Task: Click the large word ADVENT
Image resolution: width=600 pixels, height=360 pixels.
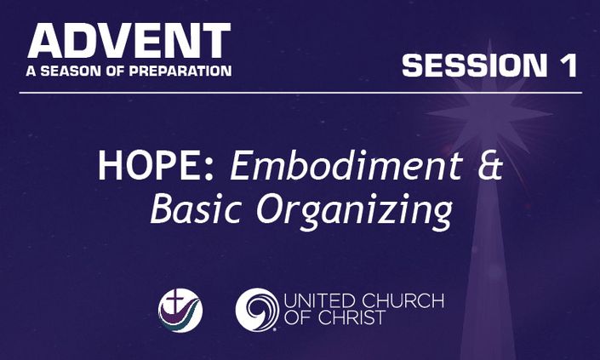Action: tap(129, 41)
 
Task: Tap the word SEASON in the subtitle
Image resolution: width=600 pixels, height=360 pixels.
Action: tap(72, 71)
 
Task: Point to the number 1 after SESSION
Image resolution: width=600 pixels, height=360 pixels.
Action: tap(569, 65)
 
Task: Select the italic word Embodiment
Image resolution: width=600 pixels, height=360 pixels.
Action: tap(346, 166)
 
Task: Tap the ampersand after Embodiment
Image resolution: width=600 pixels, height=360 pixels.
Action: tap(490, 166)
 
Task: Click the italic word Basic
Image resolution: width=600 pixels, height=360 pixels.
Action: tap(196, 209)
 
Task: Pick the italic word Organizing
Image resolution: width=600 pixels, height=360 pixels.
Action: tap(354, 212)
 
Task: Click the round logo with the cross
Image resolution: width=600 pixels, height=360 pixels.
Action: tap(180, 311)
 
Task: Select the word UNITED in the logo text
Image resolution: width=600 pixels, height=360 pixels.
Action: tap(320, 300)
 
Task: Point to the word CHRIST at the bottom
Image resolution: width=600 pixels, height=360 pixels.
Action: tap(351, 317)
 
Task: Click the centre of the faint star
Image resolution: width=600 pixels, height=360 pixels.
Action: tap(489, 114)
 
